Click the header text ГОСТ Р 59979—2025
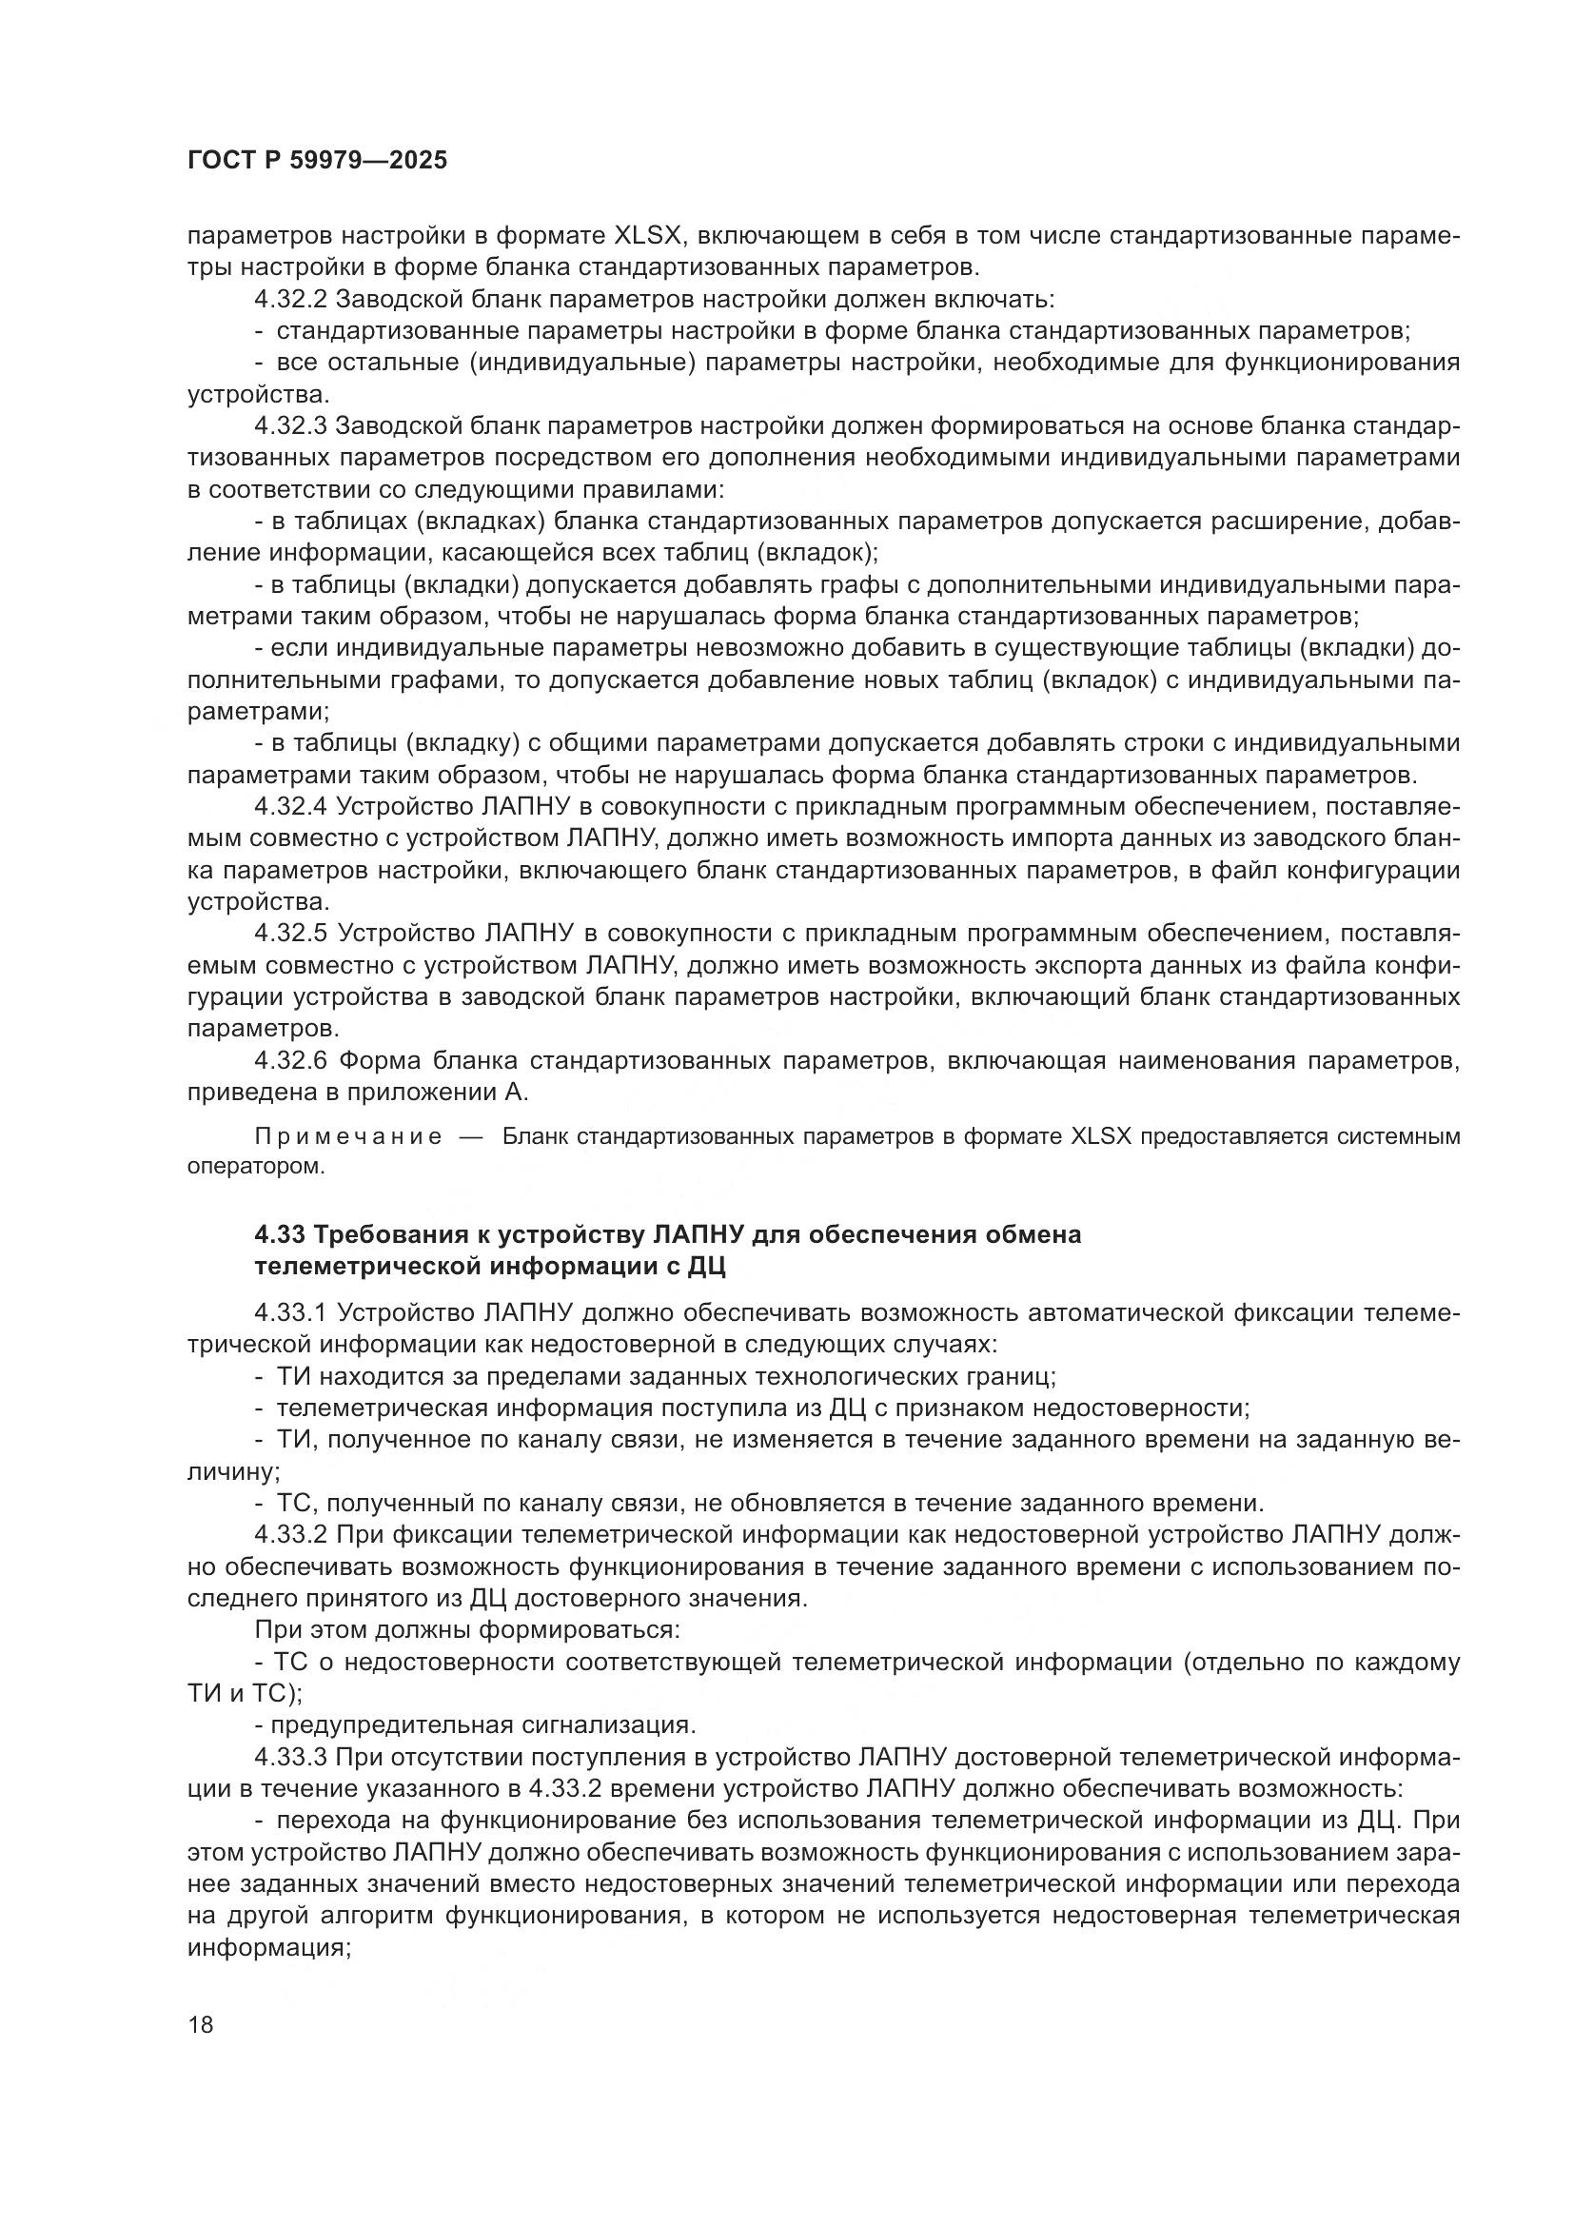click(317, 161)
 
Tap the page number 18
click(201, 2025)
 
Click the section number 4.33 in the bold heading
click(278, 1235)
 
